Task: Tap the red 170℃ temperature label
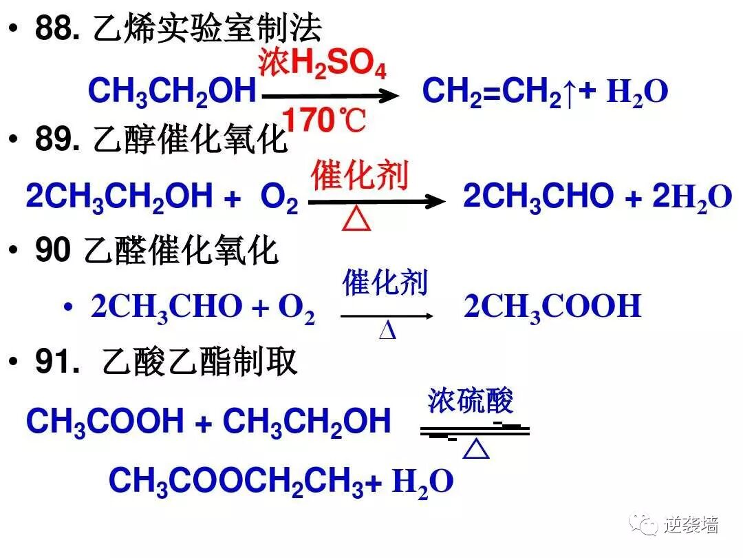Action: (x=324, y=121)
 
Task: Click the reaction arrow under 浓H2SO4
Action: (x=330, y=95)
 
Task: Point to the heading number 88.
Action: (x=59, y=30)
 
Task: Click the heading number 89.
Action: (x=59, y=141)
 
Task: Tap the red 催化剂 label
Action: (x=360, y=176)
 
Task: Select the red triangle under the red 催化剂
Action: (x=356, y=220)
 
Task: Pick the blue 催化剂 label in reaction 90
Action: (x=385, y=283)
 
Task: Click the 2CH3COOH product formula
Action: (x=552, y=306)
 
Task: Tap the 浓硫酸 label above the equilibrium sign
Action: (x=471, y=400)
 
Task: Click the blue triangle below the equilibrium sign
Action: (x=475, y=451)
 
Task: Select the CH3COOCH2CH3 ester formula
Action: (x=236, y=481)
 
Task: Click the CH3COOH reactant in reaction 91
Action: (x=105, y=421)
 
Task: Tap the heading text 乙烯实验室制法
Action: (x=206, y=30)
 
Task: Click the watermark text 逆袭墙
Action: (x=691, y=526)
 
